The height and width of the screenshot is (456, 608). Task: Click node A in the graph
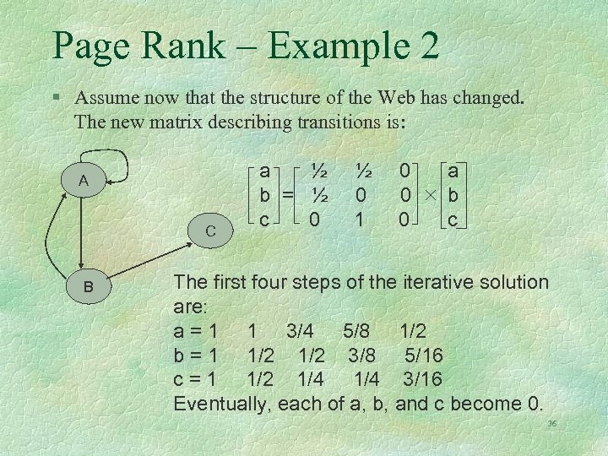(84, 181)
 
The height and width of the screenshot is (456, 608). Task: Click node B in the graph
(87, 287)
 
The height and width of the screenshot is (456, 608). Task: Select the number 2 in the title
(427, 46)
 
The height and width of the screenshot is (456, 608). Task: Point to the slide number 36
(552, 424)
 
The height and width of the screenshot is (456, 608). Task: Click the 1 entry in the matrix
(361, 220)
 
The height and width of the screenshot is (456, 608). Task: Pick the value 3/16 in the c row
(422, 379)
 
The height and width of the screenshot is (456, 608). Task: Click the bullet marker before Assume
(56, 98)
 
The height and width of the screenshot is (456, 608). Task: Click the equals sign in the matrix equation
(290, 196)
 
